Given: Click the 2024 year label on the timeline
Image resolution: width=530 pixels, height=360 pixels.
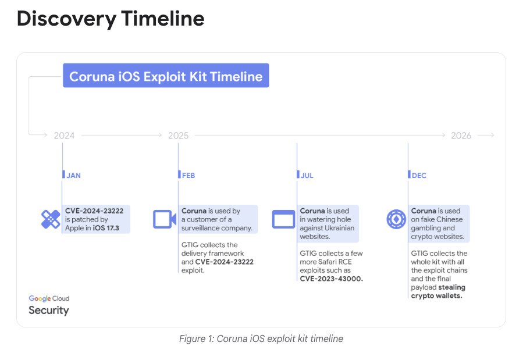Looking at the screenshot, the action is [x=64, y=136].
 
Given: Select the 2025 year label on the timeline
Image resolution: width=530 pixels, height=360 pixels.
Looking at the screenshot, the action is [x=179, y=136].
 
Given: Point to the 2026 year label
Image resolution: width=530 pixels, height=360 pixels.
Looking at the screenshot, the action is [x=461, y=136].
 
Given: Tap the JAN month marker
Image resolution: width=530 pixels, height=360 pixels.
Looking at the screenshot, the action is [x=73, y=176].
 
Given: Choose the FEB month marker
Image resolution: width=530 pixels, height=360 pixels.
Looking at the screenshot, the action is [x=188, y=176].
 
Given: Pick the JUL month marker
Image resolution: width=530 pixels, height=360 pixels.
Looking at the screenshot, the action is [x=307, y=176].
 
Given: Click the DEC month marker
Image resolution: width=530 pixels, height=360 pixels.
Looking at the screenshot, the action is [x=419, y=176].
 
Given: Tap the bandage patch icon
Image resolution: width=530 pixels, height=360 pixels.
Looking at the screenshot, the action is [x=51, y=219].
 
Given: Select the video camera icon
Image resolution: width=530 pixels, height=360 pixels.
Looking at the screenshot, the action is [x=165, y=219].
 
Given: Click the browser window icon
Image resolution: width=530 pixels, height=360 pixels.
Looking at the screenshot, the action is [x=283, y=219].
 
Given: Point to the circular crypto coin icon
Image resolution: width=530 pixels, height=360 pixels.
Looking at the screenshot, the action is [x=396, y=219].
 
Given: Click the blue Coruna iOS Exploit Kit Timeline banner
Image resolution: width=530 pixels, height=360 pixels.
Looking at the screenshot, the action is [x=166, y=76].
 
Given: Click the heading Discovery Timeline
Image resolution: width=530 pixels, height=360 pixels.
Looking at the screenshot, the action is [x=111, y=18].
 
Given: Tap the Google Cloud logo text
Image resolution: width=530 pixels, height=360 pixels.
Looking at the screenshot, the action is [x=49, y=298].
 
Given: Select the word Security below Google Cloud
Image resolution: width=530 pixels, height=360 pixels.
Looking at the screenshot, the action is [x=49, y=311].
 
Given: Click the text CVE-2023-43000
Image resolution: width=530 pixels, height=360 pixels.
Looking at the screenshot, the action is [x=331, y=279].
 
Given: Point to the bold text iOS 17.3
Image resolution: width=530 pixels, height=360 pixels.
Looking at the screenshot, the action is [x=106, y=228].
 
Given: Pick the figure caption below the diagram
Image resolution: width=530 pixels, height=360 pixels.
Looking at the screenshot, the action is [x=261, y=338].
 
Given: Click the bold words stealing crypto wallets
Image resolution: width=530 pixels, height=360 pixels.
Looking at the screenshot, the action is [x=438, y=291].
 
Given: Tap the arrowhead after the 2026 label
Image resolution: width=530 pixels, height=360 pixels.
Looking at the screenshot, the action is [x=492, y=135].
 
